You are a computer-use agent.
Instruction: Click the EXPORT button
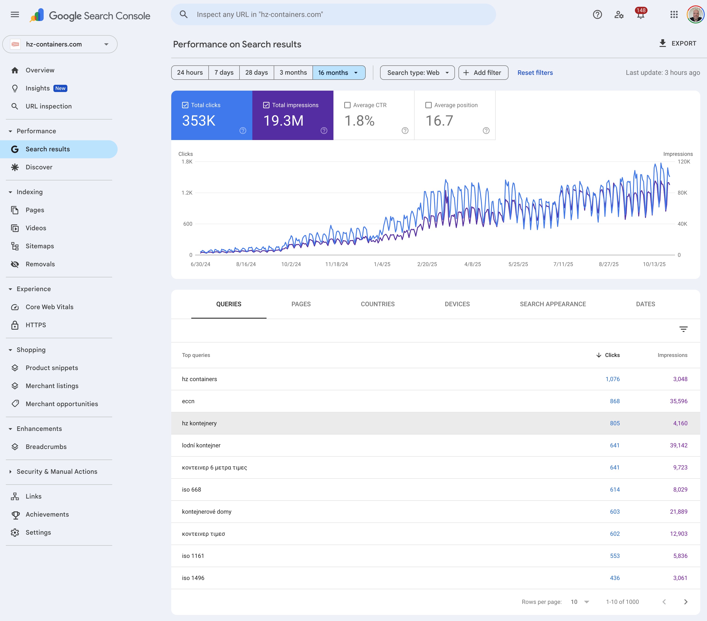tap(678, 44)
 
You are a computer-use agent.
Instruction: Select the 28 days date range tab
tap(256, 73)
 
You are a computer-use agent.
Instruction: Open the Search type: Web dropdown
tap(417, 73)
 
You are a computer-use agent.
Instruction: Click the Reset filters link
tap(535, 73)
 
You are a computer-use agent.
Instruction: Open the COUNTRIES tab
tap(377, 304)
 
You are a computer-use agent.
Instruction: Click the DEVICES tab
tap(457, 304)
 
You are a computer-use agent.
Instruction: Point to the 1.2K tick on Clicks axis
tap(187, 193)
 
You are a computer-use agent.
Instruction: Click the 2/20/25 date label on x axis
tap(427, 264)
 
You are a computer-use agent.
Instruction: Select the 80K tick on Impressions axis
tap(682, 193)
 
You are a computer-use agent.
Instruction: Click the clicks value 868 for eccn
tap(614, 401)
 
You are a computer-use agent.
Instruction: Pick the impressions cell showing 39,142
tap(678, 446)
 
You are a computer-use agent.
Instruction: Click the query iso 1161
tap(193, 556)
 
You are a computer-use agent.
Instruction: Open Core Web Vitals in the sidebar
tap(50, 307)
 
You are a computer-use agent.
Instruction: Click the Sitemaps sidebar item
tap(40, 246)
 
